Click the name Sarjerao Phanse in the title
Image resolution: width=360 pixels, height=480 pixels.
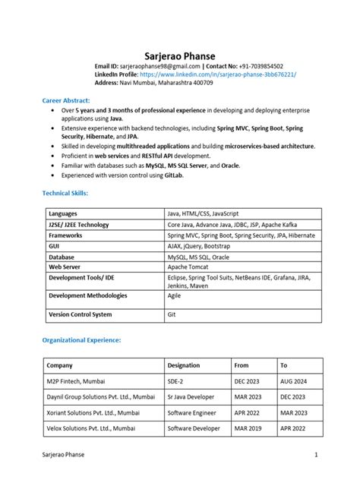point(180,56)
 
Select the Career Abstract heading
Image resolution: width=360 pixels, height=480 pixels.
point(66,100)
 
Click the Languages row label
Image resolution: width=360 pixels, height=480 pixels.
point(63,214)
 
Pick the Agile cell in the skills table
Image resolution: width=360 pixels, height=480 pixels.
point(175,295)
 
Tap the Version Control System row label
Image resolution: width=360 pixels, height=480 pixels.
point(80,314)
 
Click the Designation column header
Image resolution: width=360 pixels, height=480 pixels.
point(184,365)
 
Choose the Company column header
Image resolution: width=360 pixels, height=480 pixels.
point(59,365)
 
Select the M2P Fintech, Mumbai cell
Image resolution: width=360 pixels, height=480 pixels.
point(76,381)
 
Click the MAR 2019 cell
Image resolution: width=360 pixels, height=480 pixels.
point(248,428)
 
